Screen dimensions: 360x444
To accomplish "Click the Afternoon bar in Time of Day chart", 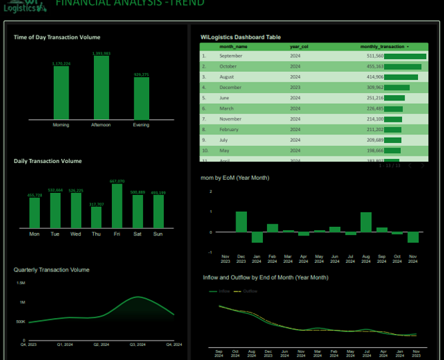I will coord(101,87).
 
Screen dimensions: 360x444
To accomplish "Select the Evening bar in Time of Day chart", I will coord(141,98).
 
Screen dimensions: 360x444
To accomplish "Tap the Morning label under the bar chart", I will coord(61,125).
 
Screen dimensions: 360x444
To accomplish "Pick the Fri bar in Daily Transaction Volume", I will coord(117,206).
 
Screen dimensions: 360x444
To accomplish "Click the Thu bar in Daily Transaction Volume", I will coord(97,218).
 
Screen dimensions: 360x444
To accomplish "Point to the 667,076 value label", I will coord(117,181).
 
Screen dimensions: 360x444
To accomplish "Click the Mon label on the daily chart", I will coord(35,234).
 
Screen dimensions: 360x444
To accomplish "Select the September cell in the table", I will coord(230,57).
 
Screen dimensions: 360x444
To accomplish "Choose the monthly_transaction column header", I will coord(383,47).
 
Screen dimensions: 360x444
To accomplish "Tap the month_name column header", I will coord(234,47).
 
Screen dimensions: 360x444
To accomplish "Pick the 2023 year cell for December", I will coord(296,87).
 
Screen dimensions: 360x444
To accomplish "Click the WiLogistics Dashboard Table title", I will coord(240,37).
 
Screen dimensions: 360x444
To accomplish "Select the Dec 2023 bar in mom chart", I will coord(241,222).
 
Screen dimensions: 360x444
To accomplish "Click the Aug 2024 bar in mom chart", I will coord(365,222).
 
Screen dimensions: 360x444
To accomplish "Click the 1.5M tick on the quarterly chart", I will coord(21,283).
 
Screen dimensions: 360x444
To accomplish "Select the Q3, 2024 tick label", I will coord(138,345).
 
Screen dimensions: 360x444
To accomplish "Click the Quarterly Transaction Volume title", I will coord(51,270).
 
